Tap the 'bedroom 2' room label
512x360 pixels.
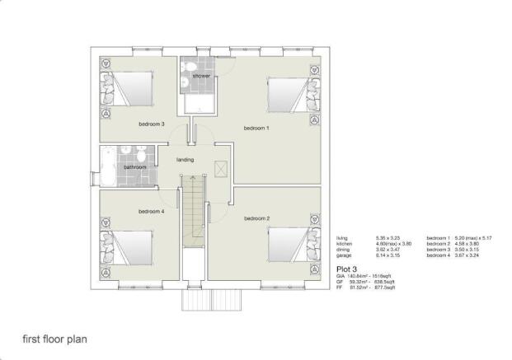point(256,218)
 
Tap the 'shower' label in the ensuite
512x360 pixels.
point(201,76)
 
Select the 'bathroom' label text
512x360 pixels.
point(134,167)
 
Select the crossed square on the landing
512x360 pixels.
point(219,168)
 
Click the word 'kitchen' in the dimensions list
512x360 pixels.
point(345,245)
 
